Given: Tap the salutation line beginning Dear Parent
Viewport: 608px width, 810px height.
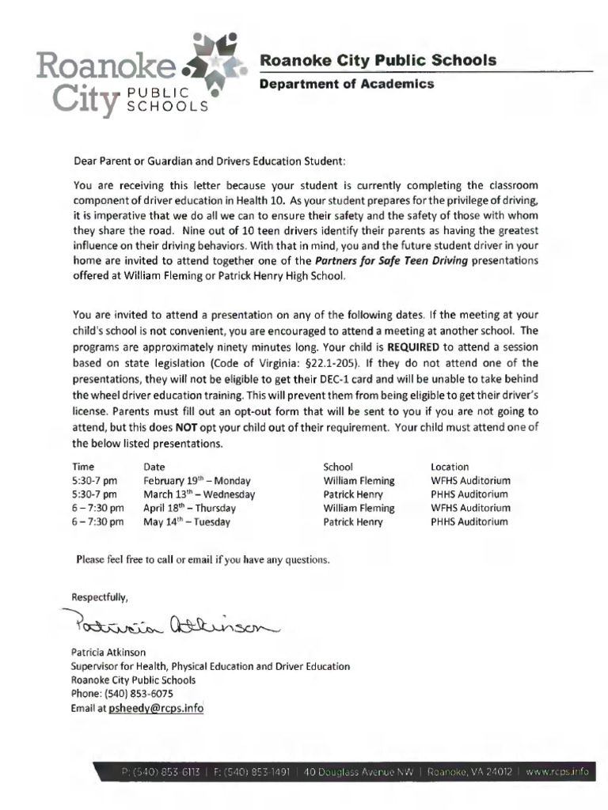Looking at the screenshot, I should tap(209, 161).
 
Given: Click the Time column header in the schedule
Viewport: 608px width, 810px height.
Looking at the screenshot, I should tap(82, 467).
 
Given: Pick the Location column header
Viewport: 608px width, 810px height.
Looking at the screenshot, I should tap(449, 467).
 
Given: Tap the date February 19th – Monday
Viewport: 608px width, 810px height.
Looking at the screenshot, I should tap(196, 480).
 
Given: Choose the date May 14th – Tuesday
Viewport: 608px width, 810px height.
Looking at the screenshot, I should tap(187, 522).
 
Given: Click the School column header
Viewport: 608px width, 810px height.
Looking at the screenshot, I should tap(338, 467).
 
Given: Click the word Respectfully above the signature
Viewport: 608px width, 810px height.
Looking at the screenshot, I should tap(99, 596).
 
